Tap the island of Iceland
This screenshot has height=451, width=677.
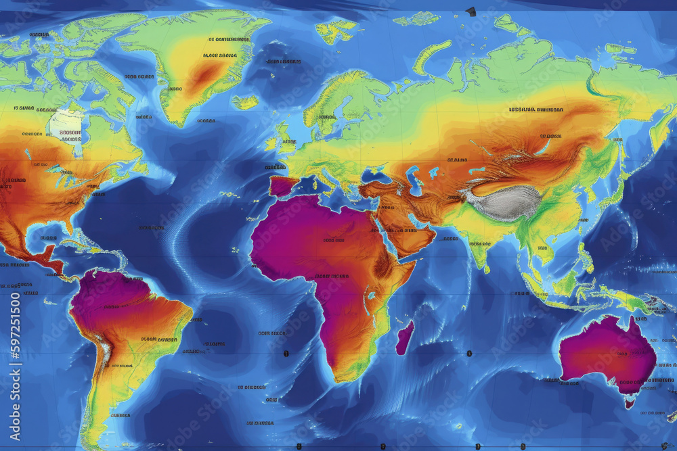click(245, 102)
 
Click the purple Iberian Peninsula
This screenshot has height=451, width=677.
click(283, 185)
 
